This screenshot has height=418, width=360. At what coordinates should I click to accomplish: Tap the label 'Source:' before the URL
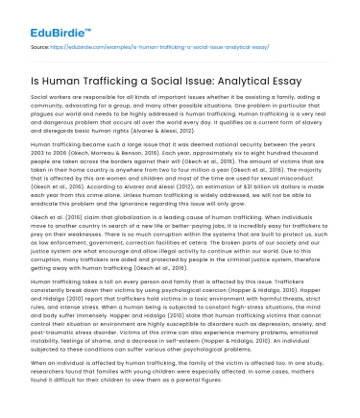(x=39, y=45)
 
